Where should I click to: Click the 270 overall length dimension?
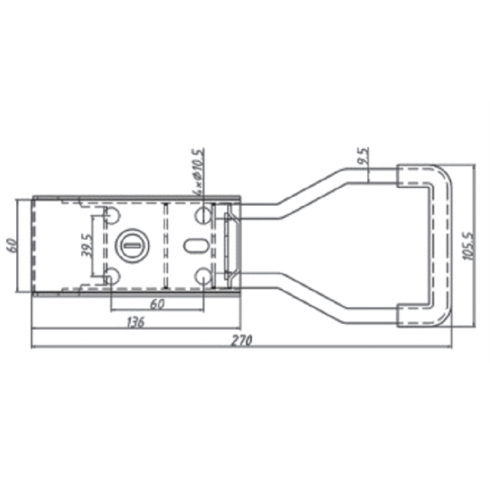241,340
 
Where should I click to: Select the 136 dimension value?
136,322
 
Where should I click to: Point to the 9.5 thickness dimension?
364,156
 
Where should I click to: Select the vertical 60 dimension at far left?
12,245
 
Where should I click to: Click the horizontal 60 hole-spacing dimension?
157,304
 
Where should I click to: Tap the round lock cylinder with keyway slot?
132,245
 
